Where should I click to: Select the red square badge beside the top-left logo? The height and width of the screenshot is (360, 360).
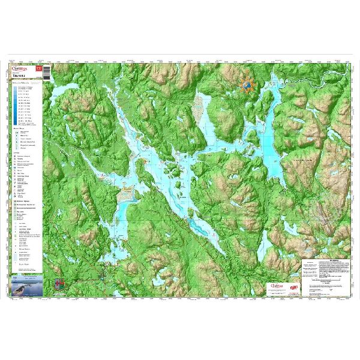point(40,69)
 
